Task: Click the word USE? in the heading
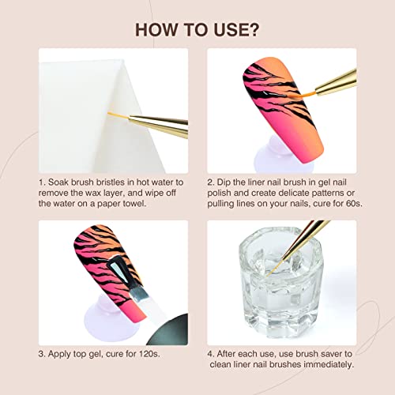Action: tap(236, 30)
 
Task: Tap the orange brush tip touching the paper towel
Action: tap(118, 115)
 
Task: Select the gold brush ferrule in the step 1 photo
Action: tap(158, 126)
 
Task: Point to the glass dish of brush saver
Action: tap(280, 283)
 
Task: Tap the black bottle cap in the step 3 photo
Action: tap(168, 330)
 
